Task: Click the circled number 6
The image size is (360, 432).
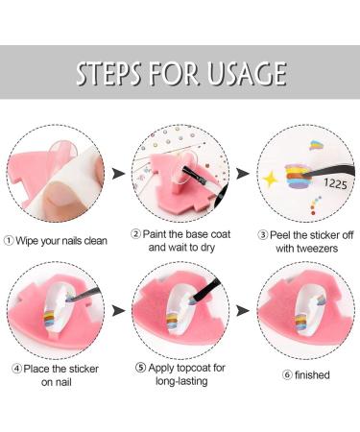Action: click(276, 375)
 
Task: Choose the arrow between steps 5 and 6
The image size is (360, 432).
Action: click(242, 311)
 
